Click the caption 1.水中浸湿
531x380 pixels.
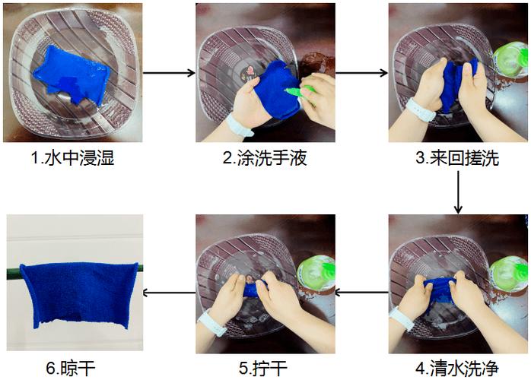tap(72, 157)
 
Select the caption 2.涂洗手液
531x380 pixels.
tap(265, 157)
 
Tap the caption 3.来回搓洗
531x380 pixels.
tap(457, 157)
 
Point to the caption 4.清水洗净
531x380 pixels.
tap(457, 368)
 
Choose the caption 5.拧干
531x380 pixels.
tap(263, 368)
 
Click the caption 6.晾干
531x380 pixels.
tap(71, 368)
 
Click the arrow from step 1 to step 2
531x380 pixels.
tap(169, 72)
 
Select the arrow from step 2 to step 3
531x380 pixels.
tap(361, 72)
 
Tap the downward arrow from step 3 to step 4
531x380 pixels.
tap(458, 192)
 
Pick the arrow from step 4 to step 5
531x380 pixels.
tap(361, 292)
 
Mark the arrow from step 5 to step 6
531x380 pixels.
tap(169, 293)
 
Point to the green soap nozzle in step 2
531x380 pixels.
tap(300, 90)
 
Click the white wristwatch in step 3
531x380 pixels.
tap(420, 109)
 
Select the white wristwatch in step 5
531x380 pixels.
tap(212, 324)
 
